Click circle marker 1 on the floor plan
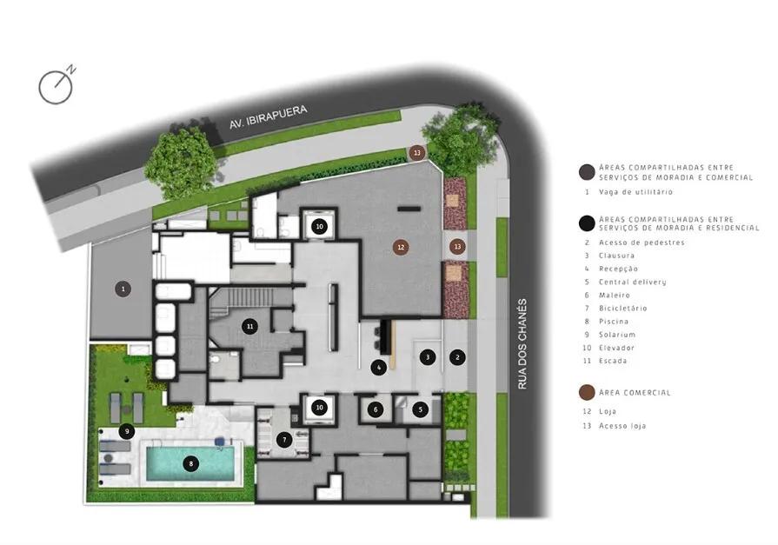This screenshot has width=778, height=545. pyautogui.click(x=123, y=289)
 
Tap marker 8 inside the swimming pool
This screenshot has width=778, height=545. pyautogui.click(x=190, y=464)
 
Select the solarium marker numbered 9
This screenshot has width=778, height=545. pyautogui.click(x=127, y=431)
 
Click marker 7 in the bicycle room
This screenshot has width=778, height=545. pyautogui.click(x=284, y=440)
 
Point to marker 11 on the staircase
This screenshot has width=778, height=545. pyautogui.click(x=250, y=326)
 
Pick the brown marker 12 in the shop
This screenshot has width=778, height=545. pyautogui.click(x=401, y=247)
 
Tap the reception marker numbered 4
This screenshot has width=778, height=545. pyautogui.click(x=379, y=368)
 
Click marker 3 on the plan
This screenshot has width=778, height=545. pyautogui.click(x=428, y=356)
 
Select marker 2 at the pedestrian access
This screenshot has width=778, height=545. pyautogui.click(x=457, y=356)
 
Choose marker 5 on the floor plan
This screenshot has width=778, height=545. pyautogui.click(x=420, y=409)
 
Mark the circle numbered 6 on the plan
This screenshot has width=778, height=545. pyautogui.click(x=376, y=409)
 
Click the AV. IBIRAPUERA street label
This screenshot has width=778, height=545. pyautogui.click(x=268, y=117)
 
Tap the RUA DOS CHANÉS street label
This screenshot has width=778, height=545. pyautogui.click(x=522, y=343)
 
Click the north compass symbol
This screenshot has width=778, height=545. pyautogui.click(x=57, y=86)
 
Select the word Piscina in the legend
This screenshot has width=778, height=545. pyautogui.click(x=613, y=321)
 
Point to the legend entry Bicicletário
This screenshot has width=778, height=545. pyautogui.click(x=622, y=309)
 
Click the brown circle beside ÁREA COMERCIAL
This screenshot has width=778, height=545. pyautogui.click(x=587, y=393)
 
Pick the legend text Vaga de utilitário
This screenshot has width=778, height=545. pyautogui.click(x=635, y=191)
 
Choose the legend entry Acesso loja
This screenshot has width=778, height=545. pyautogui.click(x=622, y=426)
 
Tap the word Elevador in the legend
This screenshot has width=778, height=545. pyautogui.click(x=616, y=348)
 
